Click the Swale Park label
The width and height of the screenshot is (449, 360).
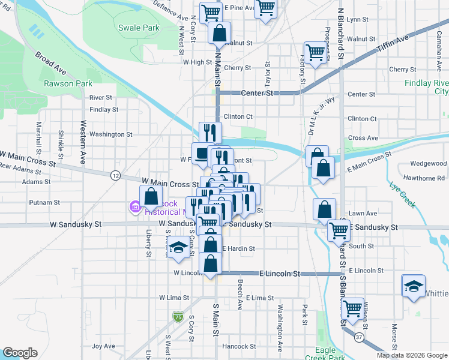tap(139, 28)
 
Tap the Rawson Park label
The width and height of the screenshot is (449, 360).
tap(68, 83)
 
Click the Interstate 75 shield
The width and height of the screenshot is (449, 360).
tap(178, 316)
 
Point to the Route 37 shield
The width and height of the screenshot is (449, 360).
tap(358, 338)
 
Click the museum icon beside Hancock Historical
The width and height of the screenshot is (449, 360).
tap(135, 208)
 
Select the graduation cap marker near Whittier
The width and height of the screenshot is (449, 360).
tap(414, 287)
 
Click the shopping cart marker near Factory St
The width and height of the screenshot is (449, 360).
tap(315, 52)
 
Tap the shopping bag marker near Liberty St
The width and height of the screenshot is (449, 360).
tap(151, 197)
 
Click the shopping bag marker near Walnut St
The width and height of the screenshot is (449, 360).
tap(220, 33)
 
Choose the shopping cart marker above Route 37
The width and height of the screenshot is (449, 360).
tap(352, 308)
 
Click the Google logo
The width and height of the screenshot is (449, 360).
tap(20, 353)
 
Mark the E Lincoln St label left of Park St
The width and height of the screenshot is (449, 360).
tap(279, 274)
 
